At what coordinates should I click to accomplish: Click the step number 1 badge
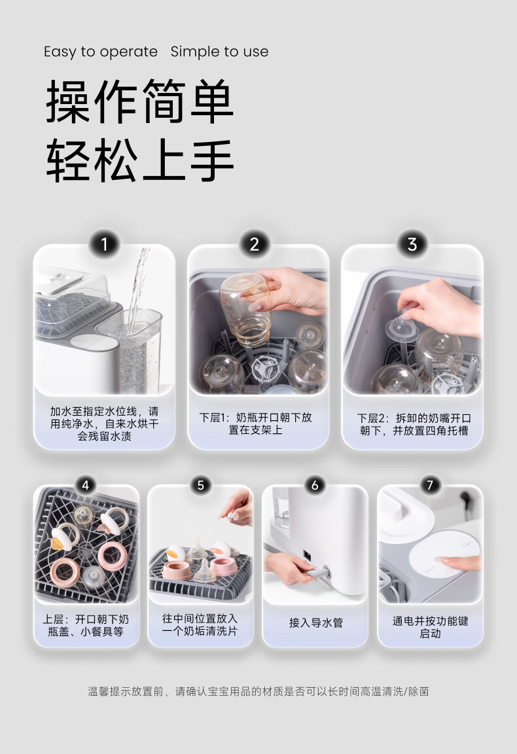tap(104, 244)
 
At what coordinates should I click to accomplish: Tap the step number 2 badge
tap(255, 244)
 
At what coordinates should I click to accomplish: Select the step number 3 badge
tap(412, 244)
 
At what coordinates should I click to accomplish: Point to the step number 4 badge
tap(86, 485)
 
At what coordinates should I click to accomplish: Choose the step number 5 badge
tap(200, 485)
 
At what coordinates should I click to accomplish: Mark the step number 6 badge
tap(315, 485)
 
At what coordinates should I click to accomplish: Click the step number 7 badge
tap(430, 485)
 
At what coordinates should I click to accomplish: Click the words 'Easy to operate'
tap(101, 52)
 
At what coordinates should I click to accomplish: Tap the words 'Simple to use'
tap(219, 52)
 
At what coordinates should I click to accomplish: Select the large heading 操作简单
tap(140, 101)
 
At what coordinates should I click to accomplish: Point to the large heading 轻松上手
tap(140, 160)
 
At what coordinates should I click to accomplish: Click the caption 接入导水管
tap(316, 622)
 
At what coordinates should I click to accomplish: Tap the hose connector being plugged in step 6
tap(318, 573)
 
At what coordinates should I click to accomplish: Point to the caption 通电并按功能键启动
tap(431, 627)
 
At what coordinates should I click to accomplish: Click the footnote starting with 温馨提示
tap(258, 691)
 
